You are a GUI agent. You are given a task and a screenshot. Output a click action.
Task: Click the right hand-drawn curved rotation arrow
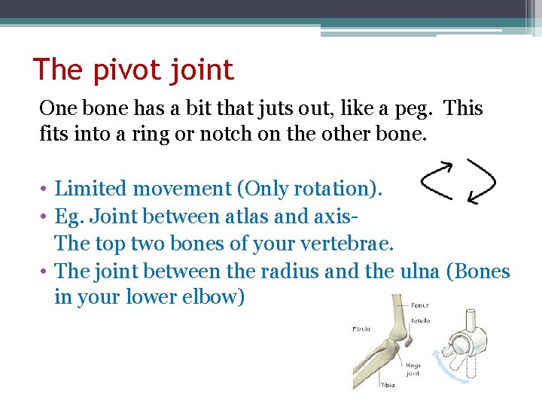tap(481, 181)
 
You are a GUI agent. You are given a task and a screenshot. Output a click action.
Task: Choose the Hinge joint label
tap(413, 370)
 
